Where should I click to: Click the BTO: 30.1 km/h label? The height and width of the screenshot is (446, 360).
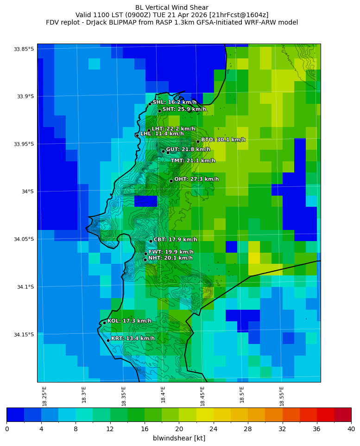pos(223,140)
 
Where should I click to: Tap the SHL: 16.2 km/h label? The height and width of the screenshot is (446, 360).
pos(175,102)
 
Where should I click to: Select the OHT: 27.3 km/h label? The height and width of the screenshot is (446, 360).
pos(196,179)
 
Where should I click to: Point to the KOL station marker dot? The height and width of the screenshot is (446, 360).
pos(104,323)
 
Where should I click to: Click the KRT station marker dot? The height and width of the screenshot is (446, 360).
pos(108,340)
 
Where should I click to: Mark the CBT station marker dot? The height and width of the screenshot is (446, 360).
pos(151,241)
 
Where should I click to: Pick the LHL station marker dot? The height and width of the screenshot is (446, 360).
pos(137,135)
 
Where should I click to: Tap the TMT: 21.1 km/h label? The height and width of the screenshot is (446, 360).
pos(193,161)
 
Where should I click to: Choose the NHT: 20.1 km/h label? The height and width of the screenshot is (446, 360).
pos(170,258)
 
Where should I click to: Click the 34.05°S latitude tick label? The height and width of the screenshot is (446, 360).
pos(24,239)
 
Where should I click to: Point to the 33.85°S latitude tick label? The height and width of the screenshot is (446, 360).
pos(24,49)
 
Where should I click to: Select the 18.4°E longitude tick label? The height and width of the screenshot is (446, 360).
pos(163,395)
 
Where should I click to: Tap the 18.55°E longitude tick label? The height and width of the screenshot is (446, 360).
pos(282,395)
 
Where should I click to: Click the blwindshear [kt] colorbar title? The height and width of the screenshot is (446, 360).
pos(179,438)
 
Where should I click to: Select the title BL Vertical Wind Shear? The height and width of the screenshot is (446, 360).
pos(172,7)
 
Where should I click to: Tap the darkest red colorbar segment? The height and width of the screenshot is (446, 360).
pos(342,414)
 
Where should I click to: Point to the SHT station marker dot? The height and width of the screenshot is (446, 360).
pos(159,111)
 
